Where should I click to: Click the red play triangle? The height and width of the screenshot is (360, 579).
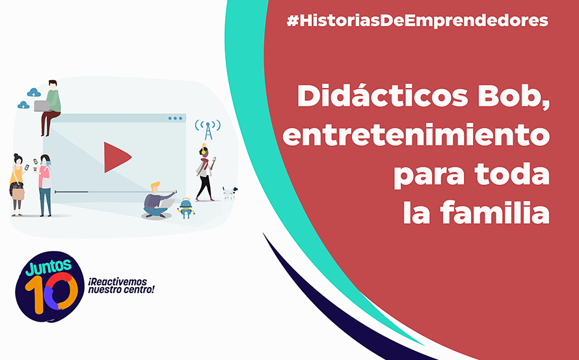pos(115,157)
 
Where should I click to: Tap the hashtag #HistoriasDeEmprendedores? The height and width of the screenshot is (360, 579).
pos(418,21)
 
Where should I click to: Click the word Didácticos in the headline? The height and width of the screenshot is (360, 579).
pos(383,96)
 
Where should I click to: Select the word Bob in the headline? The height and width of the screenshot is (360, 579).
pos(513,97)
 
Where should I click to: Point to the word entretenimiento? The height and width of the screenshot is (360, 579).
pos(416,135)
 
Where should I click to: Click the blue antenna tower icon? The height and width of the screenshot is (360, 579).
pos(208,130)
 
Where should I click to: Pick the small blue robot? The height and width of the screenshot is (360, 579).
pos(186,208)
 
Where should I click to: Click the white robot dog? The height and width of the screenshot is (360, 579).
pos(230,193)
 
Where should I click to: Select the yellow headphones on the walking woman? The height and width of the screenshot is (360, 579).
pos(204,148)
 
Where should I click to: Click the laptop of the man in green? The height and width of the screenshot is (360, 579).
pos(42,106)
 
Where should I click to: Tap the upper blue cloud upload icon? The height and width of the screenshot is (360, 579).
pos(34,92)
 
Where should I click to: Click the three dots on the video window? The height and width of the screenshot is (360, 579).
pos(175,118)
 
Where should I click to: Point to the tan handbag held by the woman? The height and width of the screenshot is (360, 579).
pos(18,193)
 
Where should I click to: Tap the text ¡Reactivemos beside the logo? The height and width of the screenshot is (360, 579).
pos(117,282)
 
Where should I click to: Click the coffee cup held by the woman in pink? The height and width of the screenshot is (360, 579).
pos(35,169)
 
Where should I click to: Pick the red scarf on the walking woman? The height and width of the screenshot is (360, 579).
pos(204,161)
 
